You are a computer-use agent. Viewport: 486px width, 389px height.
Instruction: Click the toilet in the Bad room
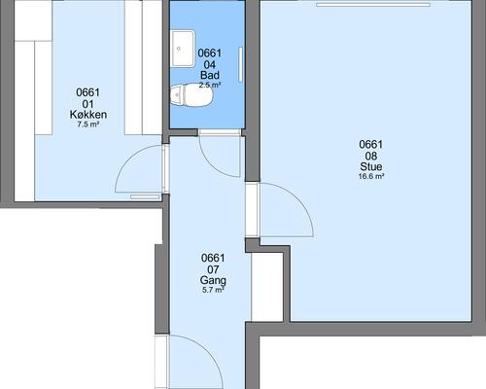pos(191,95)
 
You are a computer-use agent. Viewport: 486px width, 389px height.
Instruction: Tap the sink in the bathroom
pos(183,49)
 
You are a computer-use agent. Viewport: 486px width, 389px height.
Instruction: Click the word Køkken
pos(88,115)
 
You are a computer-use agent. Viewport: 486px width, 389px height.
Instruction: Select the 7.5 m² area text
pos(88,124)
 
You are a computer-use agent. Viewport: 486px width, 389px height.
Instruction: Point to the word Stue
pos(371,166)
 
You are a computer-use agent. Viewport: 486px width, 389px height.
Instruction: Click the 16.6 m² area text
pos(371,177)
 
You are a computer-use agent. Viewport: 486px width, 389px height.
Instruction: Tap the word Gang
pos(213,280)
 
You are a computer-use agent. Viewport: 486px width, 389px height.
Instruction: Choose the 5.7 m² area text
pos(213,290)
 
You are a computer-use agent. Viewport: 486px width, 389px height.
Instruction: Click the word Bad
pos(210,75)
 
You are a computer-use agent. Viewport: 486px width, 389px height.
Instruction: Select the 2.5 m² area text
pos(210,86)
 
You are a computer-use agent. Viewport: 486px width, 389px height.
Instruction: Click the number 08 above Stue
pos(371,156)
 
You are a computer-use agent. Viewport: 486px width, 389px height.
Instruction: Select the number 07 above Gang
pos(213,269)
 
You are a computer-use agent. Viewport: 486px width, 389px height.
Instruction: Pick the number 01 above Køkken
pos(88,104)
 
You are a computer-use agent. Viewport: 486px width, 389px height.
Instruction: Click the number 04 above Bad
pos(210,64)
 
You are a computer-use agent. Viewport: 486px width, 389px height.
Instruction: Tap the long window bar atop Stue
pos(373,5)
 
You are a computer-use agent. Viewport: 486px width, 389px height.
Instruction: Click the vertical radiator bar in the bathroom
pos(241,64)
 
